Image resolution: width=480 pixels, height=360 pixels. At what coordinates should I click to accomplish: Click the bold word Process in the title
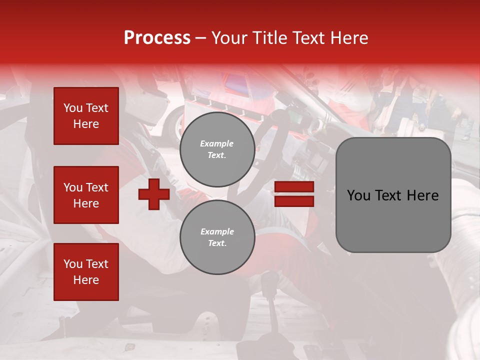(157, 38)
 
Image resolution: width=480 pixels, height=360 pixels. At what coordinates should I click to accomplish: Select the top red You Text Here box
(86, 116)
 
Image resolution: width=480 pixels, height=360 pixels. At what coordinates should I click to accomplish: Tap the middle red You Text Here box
(86, 195)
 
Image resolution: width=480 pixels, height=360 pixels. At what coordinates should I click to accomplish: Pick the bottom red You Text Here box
(86, 271)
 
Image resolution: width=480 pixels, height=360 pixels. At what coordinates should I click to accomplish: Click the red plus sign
(154, 194)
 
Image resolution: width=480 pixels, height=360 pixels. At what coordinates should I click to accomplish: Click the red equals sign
(294, 194)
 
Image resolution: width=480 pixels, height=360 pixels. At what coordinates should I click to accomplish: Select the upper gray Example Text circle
(217, 149)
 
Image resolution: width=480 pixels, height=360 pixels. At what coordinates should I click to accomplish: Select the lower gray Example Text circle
(217, 237)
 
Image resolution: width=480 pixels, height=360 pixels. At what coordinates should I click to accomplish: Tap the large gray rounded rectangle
(393, 195)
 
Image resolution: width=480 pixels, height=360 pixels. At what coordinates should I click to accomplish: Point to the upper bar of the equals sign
(294, 187)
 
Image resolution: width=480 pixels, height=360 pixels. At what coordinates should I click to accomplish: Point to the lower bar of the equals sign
(294, 201)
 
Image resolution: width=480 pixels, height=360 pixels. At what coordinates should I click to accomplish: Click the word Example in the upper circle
(217, 144)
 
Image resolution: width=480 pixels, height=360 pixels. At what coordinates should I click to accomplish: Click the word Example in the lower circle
(217, 231)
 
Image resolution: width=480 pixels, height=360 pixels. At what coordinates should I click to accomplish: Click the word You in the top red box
(73, 108)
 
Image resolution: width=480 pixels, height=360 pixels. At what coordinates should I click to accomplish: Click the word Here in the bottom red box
(86, 280)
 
